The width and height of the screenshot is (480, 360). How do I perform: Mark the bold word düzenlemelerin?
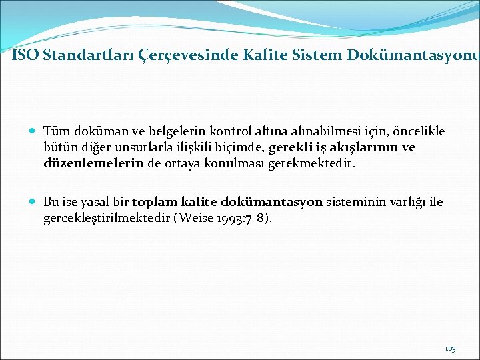point(93,163)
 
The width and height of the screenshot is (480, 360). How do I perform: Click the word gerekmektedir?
point(322,163)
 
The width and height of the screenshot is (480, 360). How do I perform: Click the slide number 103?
point(450,349)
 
